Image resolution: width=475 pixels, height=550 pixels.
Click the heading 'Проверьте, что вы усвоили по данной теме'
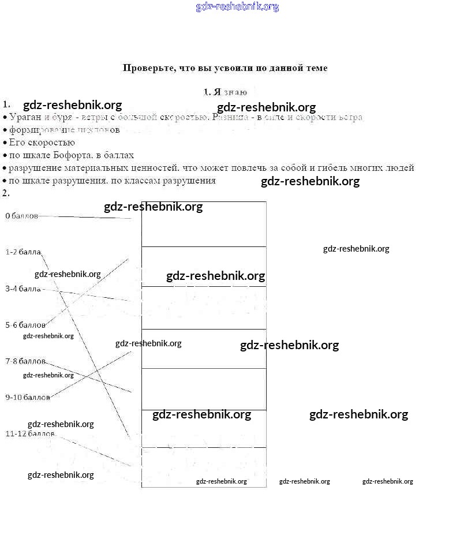225,68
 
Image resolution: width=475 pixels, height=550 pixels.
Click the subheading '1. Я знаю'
225,92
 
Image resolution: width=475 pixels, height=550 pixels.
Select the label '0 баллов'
21,216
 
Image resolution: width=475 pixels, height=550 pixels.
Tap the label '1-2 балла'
23,252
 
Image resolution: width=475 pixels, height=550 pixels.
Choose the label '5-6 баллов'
25,325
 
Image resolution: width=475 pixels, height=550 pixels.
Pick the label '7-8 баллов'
25,361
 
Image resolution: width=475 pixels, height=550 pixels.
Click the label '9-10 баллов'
28,398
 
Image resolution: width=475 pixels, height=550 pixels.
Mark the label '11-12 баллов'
30,433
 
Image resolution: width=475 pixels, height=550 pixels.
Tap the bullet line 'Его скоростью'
42,143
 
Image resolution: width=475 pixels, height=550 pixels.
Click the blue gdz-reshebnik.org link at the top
237,7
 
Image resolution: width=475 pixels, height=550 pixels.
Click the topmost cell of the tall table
204,224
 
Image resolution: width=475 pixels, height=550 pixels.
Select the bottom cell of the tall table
204,467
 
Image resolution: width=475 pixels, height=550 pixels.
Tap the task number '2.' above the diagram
6,193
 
